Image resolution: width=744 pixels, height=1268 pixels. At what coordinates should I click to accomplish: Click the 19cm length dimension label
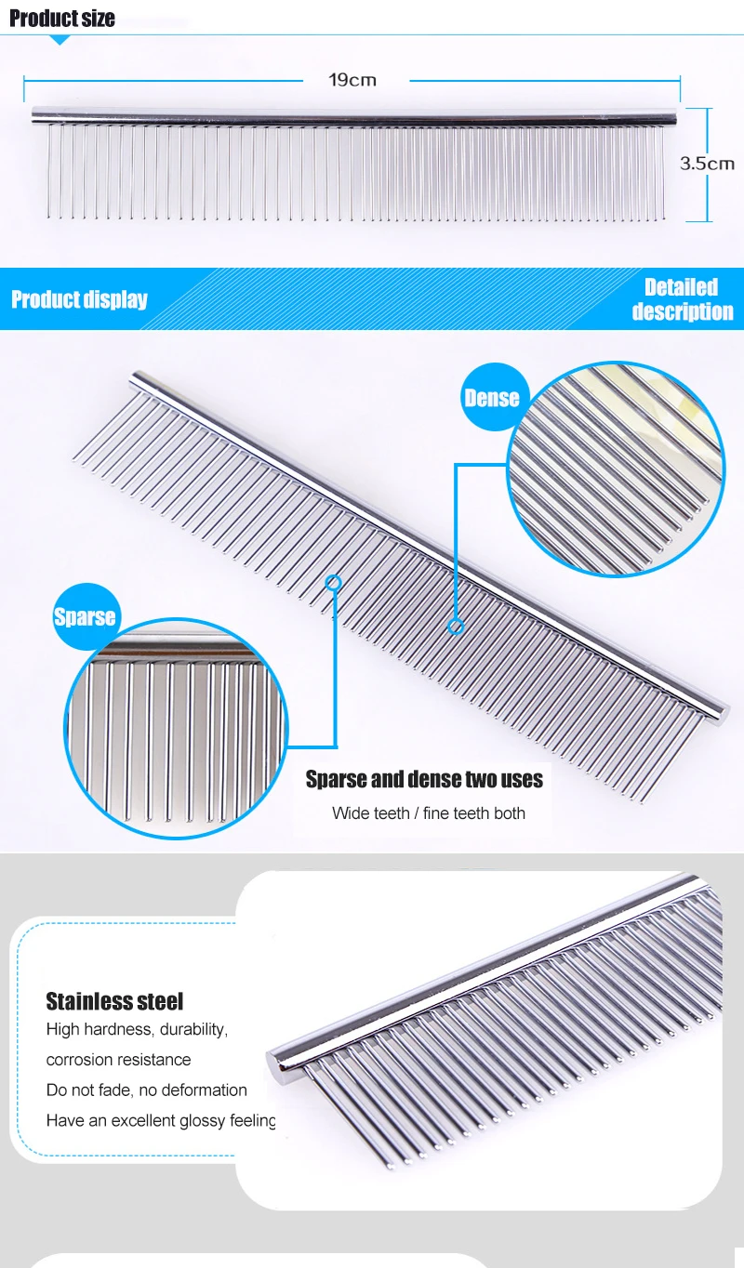(x=352, y=80)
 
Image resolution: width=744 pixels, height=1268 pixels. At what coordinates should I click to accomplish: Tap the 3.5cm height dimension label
(x=707, y=164)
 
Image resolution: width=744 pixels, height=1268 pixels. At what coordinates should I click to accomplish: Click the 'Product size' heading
(x=62, y=19)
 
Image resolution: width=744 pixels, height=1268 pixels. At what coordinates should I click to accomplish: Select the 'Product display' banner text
(x=79, y=299)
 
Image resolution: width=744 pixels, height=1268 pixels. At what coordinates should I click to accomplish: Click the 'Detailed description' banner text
(x=682, y=299)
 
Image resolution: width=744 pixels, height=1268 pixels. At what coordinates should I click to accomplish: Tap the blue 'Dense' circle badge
(x=491, y=398)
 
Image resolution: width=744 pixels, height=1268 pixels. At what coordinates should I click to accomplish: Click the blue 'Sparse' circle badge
(x=85, y=616)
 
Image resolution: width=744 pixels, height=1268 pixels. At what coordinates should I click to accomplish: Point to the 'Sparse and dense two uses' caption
(x=424, y=779)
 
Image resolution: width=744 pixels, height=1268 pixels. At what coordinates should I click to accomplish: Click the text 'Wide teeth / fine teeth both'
(x=429, y=813)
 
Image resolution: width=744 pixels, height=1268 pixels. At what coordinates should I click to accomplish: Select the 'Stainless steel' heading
(x=114, y=1001)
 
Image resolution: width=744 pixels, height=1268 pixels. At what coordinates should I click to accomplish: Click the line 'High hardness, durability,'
(x=137, y=1029)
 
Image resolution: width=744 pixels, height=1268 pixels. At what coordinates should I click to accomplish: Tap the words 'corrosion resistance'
(x=118, y=1060)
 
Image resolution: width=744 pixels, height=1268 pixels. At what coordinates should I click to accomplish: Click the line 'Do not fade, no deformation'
(x=147, y=1090)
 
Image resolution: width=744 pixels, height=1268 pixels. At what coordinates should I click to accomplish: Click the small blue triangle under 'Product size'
(x=60, y=40)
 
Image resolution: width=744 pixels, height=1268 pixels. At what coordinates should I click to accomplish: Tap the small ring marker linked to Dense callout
(x=456, y=627)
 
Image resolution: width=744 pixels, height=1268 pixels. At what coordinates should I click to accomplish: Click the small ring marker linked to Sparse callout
(x=334, y=583)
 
